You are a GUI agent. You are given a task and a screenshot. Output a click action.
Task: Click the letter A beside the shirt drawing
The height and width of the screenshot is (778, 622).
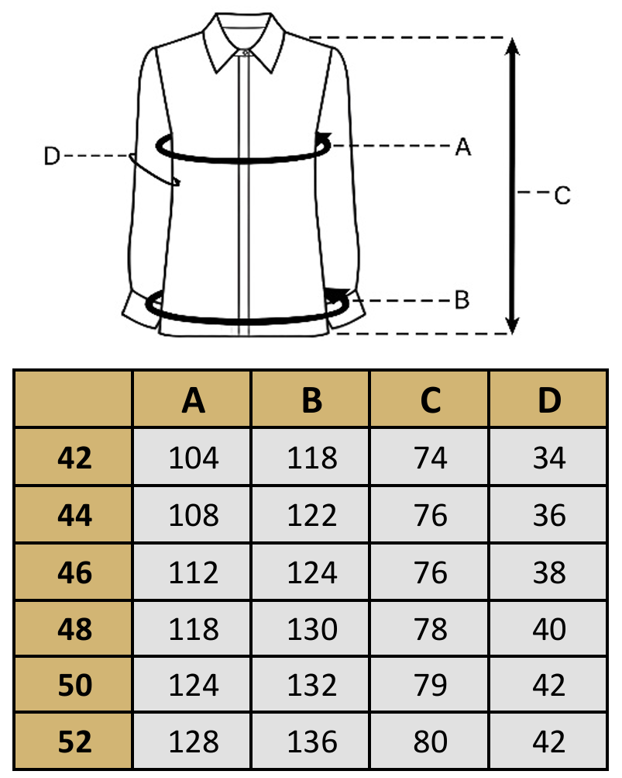point(463,147)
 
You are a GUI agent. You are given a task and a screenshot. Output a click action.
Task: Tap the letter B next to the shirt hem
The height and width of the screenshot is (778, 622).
point(462,299)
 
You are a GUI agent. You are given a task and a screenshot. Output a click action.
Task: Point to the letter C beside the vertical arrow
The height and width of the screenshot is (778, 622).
point(562,195)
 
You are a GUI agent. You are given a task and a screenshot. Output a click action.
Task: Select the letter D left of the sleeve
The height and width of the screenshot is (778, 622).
point(52,156)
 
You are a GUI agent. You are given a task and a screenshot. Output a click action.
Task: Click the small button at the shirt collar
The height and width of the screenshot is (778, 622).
point(246,52)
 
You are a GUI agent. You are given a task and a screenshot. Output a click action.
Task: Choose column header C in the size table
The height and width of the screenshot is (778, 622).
point(431,400)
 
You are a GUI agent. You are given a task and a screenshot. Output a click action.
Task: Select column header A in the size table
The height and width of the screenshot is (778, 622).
point(194,400)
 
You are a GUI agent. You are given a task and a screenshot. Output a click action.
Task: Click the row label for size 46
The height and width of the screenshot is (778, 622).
point(75,572)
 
